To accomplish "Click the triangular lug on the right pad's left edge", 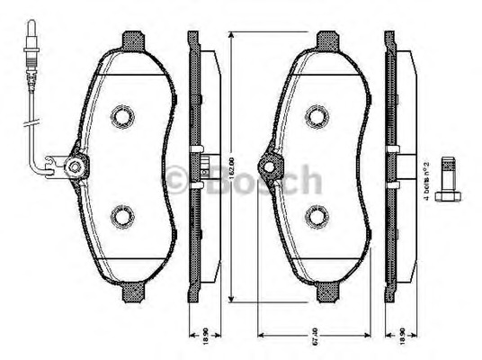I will tap(268, 166).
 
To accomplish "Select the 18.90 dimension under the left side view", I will tap(205, 343).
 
